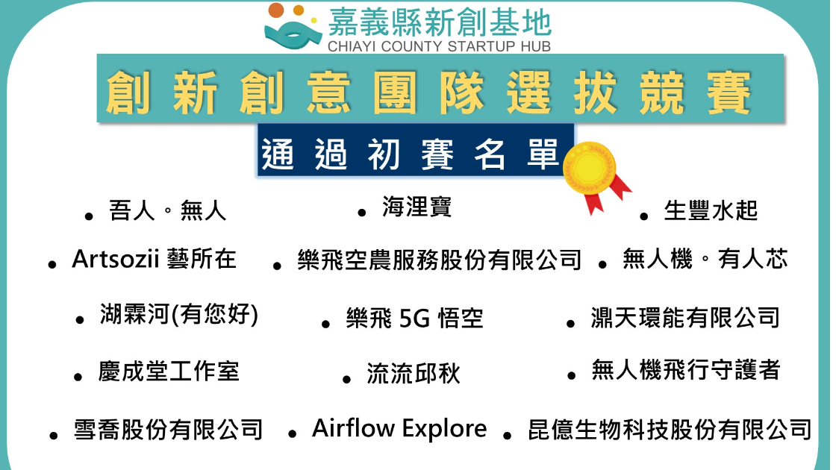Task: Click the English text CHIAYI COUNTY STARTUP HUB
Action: point(439,46)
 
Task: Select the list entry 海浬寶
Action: point(417,207)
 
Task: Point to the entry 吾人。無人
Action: point(167,210)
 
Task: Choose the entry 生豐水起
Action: point(711,210)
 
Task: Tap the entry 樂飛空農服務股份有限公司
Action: point(440,260)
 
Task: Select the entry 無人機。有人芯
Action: point(705,260)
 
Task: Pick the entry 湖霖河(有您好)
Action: point(179,314)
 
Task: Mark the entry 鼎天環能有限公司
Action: point(685,318)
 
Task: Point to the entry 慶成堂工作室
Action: point(169,372)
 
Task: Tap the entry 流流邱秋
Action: point(414,373)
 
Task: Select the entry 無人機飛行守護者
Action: point(686,370)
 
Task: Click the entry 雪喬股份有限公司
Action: point(168,430)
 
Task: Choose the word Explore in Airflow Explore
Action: point(444,429)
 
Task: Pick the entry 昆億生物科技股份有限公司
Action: point(670,430)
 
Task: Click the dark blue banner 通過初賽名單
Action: point(415,150)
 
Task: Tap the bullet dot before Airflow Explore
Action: point(292,433)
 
